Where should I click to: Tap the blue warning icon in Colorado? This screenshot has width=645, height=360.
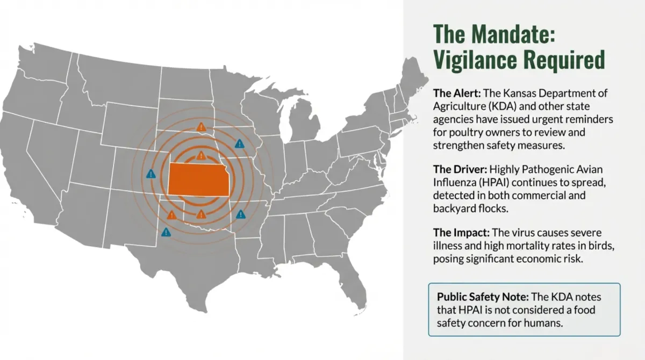(x=151, y=174)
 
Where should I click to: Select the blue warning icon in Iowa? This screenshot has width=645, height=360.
(x=240, y=143)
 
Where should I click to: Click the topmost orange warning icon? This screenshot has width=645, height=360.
(x=200, y=127)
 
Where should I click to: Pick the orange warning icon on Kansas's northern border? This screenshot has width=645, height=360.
(x=200, y=156)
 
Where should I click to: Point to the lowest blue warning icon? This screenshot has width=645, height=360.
(x=166, y=232)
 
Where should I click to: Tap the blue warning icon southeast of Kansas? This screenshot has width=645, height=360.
(x=240, y=214)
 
